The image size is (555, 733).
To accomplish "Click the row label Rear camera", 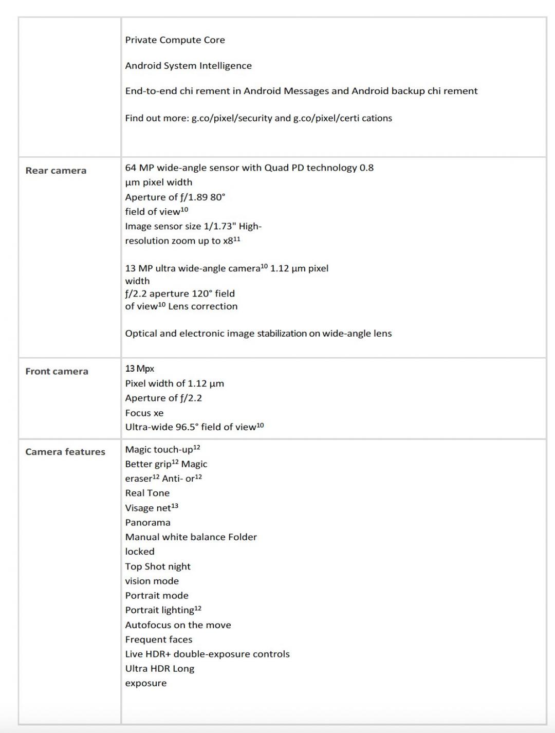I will click(55, 171).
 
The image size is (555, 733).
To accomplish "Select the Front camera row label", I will click(57, 371).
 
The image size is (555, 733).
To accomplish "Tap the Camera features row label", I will click(65, 452).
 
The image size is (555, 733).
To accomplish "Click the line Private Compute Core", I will click(175, 40).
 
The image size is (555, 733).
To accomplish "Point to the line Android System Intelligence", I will click(188, 66).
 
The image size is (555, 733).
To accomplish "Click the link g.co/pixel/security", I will click(232, 118).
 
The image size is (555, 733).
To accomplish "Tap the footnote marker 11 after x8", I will click(237, 239).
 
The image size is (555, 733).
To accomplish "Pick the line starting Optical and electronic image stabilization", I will click(258, 334).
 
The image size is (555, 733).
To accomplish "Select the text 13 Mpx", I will click(139, 369).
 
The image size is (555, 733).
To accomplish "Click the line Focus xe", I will click(144, 413).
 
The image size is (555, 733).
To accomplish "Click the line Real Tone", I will click(147, 493).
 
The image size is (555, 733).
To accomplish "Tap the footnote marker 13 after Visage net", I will click(175, 506).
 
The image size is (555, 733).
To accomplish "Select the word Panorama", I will click(147, 522).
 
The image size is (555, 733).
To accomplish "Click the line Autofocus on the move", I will click(178, 625).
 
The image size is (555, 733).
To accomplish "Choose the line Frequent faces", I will click(158, 639).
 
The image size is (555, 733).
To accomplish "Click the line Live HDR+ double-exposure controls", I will click(207, 654).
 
